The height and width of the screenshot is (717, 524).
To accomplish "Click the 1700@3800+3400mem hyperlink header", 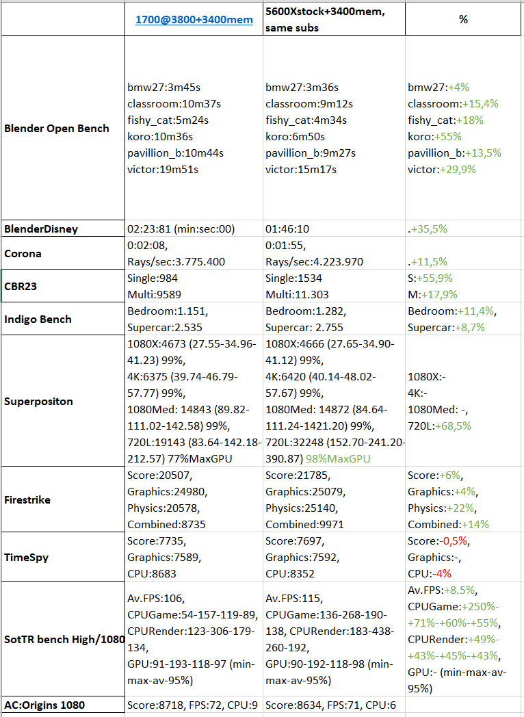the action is point(194,20).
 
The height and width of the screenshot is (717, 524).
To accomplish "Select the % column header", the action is point(463,19).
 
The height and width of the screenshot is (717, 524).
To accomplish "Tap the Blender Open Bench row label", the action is point(57,129).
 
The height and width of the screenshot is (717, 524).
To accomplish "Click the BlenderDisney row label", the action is point(41,229).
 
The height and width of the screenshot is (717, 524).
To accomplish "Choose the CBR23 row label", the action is point(21,286).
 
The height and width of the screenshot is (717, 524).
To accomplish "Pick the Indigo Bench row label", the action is point(38,320).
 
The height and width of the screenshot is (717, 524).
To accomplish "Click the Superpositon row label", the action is point(38,402).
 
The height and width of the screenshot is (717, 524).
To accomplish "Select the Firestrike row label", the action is point(27,500).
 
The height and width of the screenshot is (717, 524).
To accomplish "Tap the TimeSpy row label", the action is point(26,558).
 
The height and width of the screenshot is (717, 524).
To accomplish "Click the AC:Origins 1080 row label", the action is point(44,705).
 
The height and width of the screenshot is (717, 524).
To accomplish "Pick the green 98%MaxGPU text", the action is point(338,458).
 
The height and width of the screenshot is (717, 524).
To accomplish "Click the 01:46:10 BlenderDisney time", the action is point(287,229).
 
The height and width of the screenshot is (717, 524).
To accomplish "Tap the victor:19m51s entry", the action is point(163,170).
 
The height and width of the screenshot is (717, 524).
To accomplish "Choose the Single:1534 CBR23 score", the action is point(293,278).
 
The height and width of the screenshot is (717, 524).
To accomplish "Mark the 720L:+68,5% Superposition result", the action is point(439,426).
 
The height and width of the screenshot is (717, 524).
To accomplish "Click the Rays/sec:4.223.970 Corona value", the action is point(315,261).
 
